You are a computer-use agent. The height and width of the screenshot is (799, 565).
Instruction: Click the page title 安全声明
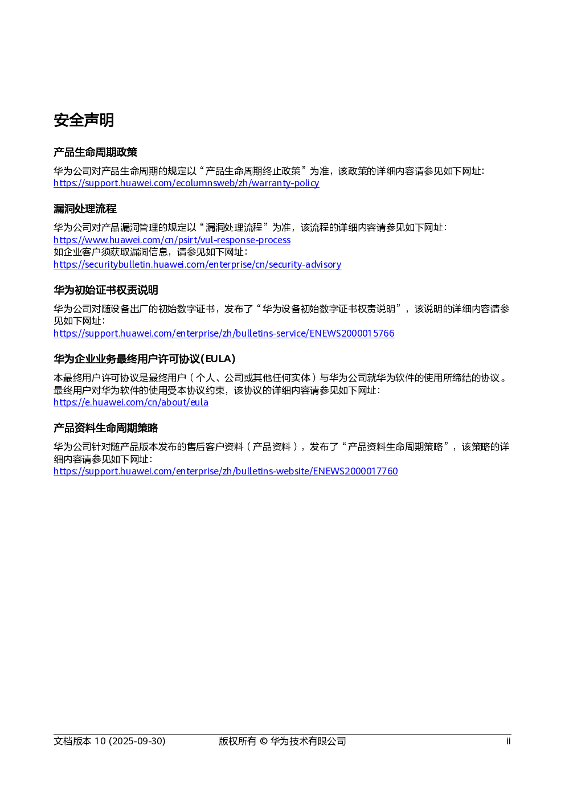(x=84, y=120)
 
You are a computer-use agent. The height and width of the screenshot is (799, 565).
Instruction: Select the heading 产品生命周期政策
(x=95, y=152)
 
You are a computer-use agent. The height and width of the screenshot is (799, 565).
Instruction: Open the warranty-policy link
(x=186, y=183)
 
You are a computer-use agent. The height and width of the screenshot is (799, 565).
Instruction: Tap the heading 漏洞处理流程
(x=85, y=208)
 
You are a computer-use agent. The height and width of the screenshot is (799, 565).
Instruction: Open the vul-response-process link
(x=172, y=240)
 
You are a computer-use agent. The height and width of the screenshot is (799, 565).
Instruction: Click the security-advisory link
(x=197, y=264)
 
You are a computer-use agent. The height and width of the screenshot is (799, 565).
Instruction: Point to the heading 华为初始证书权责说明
(x=105, y=290)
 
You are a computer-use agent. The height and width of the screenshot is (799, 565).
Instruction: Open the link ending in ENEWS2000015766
(x=224, y=333)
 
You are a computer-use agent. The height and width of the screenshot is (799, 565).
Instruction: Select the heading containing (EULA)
(x=145, y=359)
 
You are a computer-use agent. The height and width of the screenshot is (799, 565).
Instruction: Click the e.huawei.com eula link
(x=131, y=403)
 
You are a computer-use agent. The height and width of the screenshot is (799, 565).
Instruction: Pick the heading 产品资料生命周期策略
(x=105, y=428)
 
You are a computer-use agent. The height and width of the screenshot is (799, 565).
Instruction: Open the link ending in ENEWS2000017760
(x=226, y=471)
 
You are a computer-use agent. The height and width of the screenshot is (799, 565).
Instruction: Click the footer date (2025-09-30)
(x=137, y=741)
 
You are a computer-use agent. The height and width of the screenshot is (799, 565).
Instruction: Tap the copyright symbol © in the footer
(x=264, y=741)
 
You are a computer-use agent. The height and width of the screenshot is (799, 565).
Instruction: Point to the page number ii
(x=508, y=741)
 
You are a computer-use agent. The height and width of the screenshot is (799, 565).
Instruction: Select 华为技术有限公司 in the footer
(x=308, y=741)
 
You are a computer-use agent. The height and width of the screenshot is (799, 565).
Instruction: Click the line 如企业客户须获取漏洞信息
(x=150, y=252)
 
